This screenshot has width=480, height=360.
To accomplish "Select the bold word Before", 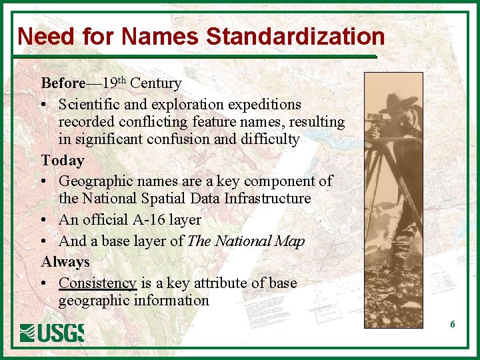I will pos(63,83).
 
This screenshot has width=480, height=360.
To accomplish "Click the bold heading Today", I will pos(63,161).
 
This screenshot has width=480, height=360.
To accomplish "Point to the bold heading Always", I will pos(65,262).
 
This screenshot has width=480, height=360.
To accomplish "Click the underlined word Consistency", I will pos(97,283).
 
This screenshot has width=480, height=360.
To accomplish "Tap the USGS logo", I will pos(52,331).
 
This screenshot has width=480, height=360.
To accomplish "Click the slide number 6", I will pos(453,325).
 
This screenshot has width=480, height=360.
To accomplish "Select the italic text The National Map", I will pos(246,241).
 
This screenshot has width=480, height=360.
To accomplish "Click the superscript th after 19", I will pos(121,81).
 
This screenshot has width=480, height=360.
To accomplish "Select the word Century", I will pos(156,83).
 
